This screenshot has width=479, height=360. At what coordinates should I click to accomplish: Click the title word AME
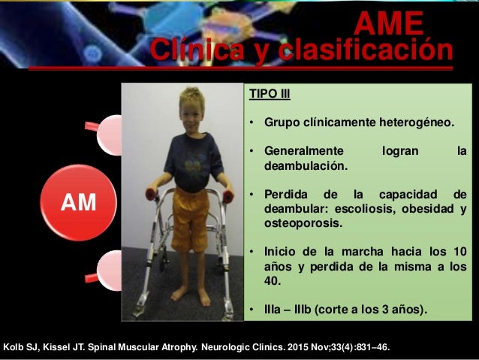point(388,25)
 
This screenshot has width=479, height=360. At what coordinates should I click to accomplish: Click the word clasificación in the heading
point(366,50)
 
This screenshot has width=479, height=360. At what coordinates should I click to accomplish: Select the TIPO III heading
point(269,95)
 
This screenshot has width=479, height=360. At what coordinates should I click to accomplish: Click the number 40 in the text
point(272,280)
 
